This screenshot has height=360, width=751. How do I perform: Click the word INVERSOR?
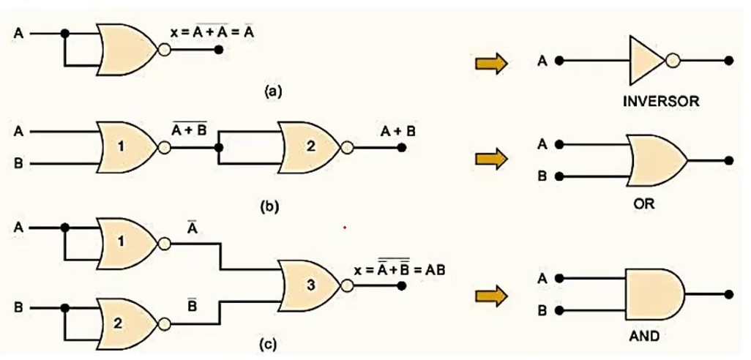coord(661,102)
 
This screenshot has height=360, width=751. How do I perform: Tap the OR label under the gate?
coord(643,203)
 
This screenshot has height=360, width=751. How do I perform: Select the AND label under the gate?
coord(643,336)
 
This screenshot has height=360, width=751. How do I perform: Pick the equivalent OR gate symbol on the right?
coord(656,160)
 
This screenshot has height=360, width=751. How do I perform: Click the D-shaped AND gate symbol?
coord(654,294)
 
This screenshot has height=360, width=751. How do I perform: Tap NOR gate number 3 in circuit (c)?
coord(311,285)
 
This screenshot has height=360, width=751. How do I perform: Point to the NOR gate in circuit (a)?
coord(127,49)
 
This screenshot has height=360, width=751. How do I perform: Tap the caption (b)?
coord(269,206)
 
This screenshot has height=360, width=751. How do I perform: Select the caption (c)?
coord(268,344)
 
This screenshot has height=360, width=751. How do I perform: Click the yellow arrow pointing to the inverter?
coord(491,63)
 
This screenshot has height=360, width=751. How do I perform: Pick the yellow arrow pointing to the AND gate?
coord(491,296)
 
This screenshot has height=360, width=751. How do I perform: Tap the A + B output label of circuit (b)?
coord(397,131)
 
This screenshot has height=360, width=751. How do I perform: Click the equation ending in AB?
coord(400,269)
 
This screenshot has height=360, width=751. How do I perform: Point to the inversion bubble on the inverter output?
coord(673,61)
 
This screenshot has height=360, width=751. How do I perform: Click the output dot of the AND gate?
coord(729,294)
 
